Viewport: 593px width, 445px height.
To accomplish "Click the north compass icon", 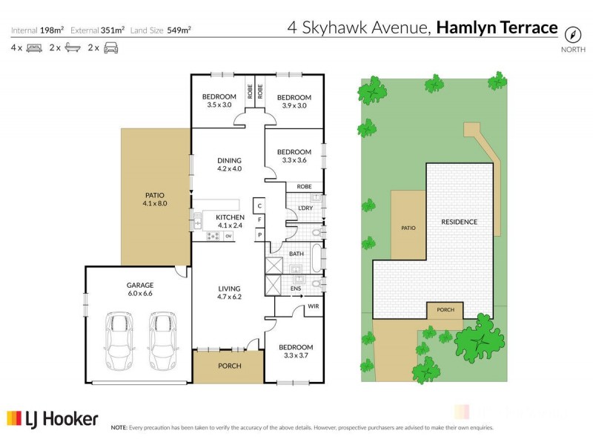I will [x=572, y=34].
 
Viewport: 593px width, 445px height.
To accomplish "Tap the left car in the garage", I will [x=119, y=341].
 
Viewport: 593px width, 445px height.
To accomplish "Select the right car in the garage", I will [x=163, y=341].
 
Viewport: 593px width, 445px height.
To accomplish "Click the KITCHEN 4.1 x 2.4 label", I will [x=230, y=221].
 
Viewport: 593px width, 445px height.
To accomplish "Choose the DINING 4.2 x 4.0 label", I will [x=230, y=165].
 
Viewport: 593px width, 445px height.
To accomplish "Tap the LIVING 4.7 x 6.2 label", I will [x=230, y=292].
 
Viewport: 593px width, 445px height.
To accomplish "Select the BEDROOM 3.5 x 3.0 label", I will [x=219, y=101].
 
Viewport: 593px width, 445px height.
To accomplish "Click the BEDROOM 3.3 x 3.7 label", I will [x=296, y=351].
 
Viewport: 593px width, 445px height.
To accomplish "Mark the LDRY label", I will [x=305, y=208].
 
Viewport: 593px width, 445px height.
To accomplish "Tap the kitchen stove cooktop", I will [x=211, y=236].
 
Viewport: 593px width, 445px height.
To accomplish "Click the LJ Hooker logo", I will [x=53, y=419].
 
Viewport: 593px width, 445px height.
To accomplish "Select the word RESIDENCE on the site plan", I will [x=459, y=222].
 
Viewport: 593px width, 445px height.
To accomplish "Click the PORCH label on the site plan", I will [x=445, y=310].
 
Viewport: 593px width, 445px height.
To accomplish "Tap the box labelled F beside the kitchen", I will [x=259, y=220].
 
